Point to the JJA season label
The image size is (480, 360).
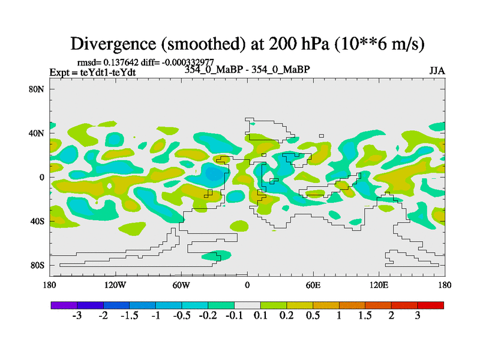437,71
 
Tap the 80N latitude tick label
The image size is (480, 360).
40,89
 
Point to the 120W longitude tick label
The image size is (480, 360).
116,284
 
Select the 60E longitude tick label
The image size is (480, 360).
313,284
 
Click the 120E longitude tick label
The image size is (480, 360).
379,284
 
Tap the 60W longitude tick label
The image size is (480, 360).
181,284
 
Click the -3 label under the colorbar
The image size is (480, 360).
77,316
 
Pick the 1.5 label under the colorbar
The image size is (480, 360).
365,316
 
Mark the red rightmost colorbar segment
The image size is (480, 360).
430,305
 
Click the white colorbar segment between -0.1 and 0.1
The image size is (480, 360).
247,305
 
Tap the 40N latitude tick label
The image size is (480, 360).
40,133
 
